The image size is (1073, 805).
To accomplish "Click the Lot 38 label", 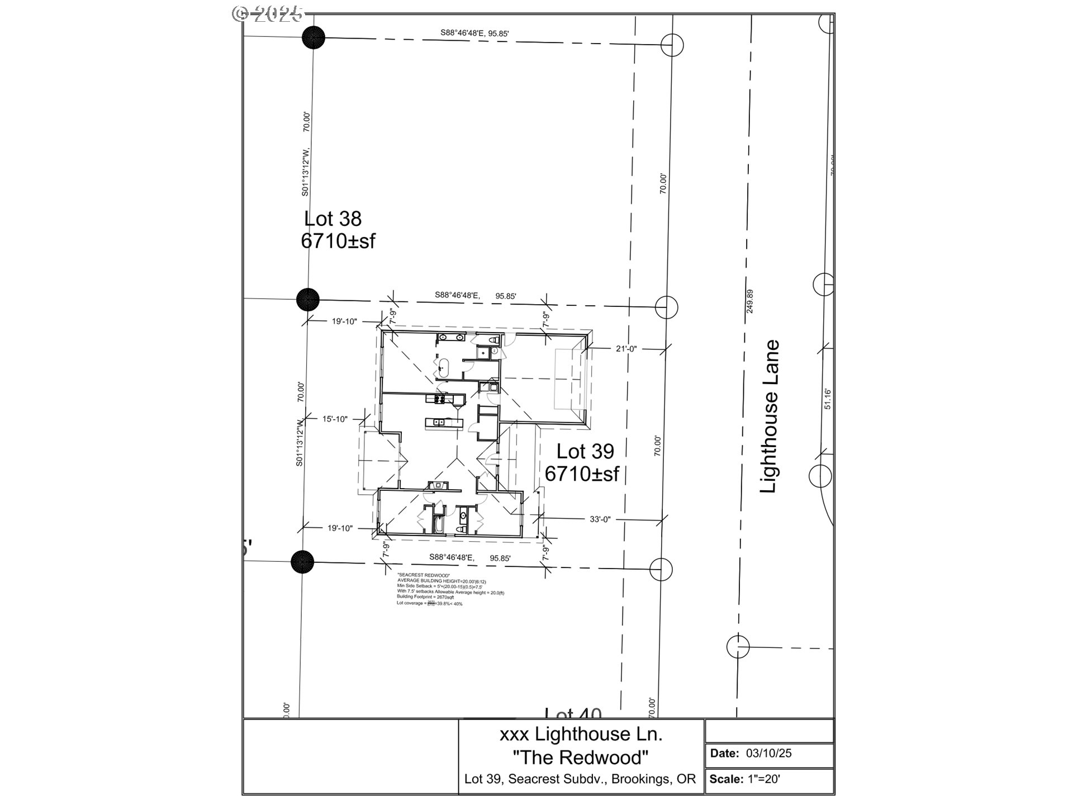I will [x=333, y=219].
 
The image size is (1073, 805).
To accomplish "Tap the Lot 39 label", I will [x=585, y=451].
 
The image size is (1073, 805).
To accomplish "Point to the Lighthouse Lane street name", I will [x=770, y=416].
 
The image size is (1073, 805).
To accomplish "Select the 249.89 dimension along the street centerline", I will [x=749, y=301].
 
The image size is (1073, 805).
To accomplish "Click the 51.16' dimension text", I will [x=828, y=399].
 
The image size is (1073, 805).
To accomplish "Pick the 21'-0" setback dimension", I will [x=626, y=349].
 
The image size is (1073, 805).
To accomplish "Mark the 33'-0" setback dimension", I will [x=600, y=519].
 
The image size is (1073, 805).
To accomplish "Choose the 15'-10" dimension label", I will [x=335, y=419].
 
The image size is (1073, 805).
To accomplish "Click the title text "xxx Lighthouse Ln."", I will [x=581, y=734].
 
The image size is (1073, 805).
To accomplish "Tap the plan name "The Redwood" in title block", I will [x=581, y=757].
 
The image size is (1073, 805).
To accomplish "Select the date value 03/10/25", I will [x=768, y=753].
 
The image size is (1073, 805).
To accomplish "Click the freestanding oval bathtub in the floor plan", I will [x=443, y=368].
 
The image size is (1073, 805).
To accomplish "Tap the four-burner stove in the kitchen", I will [x=439, y=399].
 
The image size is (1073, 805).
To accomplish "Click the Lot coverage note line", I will [x=429, y=603].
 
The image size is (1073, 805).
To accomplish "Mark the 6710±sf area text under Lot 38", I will [x=338, y=241].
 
